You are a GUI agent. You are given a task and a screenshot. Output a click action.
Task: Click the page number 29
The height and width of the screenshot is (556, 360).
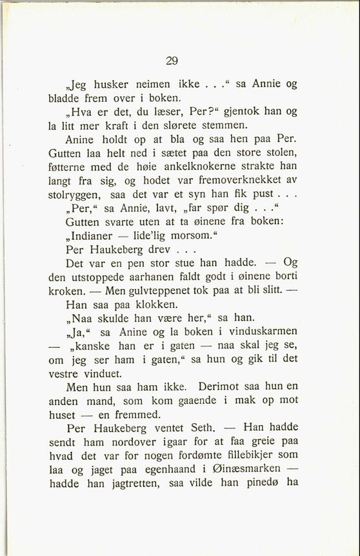pos(172,61)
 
